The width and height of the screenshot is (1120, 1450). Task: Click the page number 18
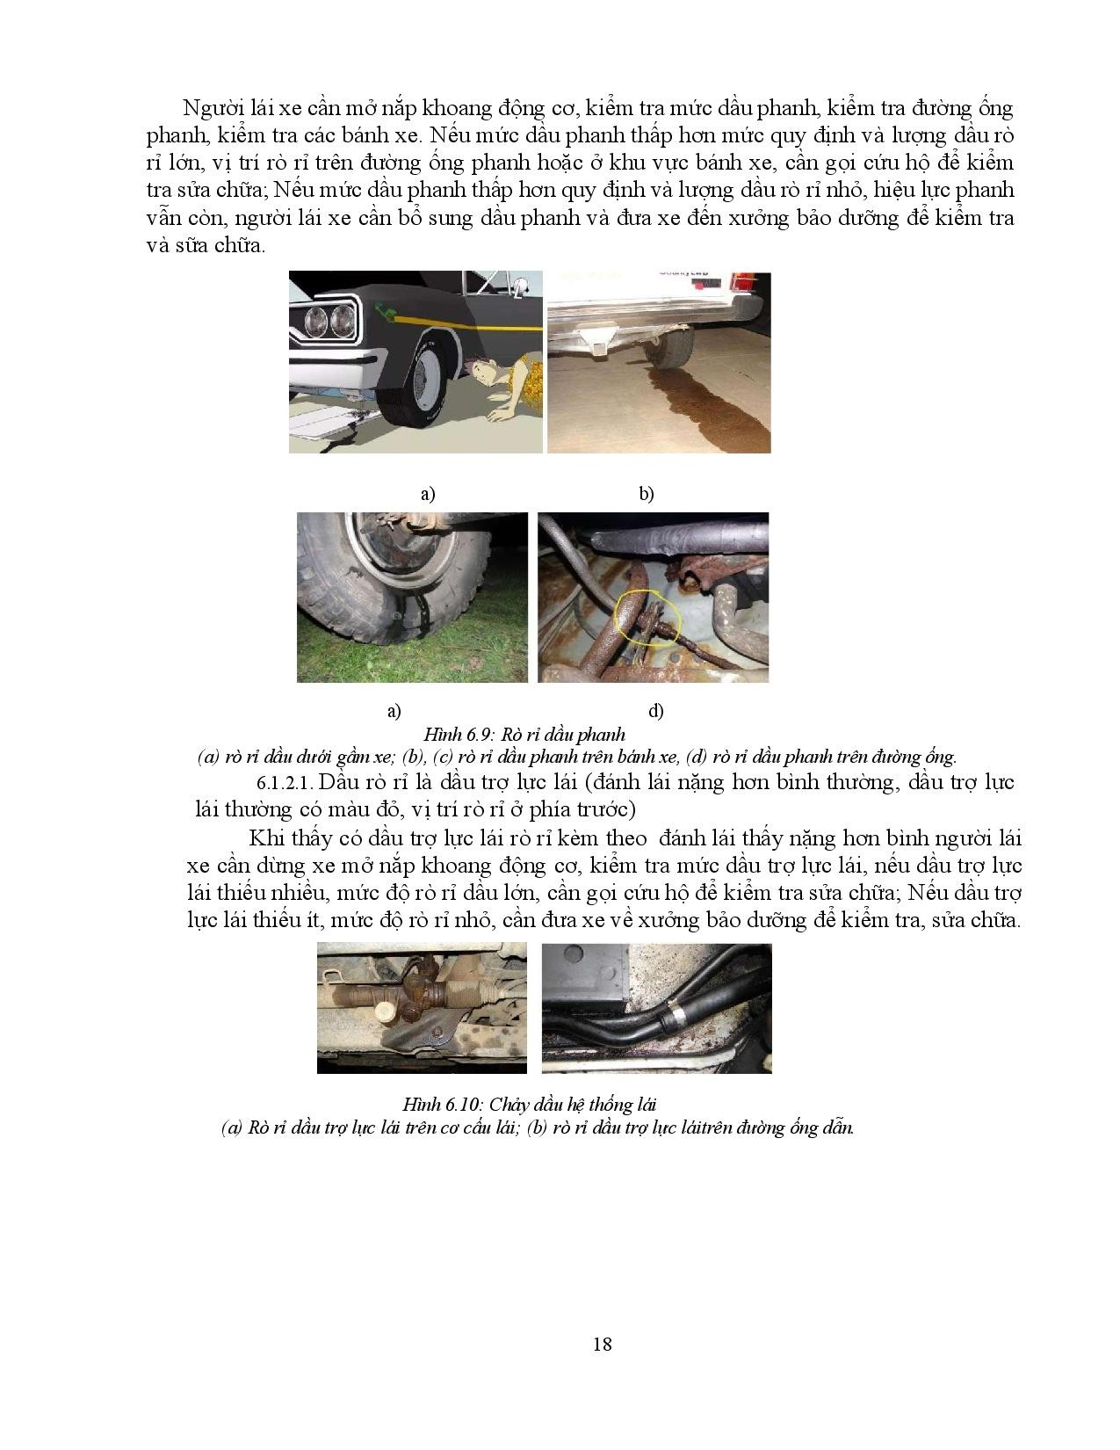603,1343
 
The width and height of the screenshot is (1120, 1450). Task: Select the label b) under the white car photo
647,494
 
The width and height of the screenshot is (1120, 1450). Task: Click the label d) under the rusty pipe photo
655,710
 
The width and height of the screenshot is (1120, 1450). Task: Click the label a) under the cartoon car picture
428,494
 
